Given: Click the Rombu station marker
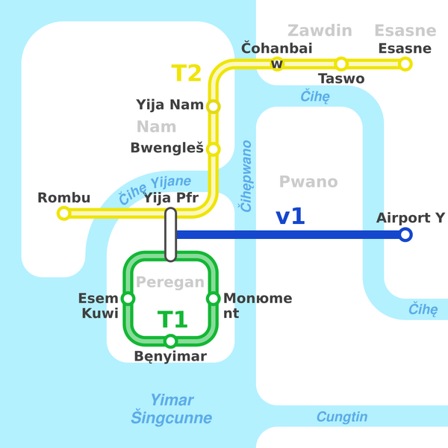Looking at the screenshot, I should [x=64, y=214].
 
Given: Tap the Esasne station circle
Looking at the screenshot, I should [x=405, y=64].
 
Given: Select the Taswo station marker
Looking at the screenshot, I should [x=341, y=64].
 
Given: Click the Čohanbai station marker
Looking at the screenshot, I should [x=277, y=64].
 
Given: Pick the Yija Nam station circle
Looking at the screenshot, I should [x=214, y=107].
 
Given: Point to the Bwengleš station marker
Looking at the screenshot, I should [x=214, y=149].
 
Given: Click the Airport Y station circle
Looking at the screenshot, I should [x=405, y=235].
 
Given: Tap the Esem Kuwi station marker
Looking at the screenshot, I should [x=128, y=299].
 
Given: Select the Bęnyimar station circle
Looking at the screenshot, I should [x=171, y=341].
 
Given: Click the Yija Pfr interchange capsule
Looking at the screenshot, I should [x=171, y=234].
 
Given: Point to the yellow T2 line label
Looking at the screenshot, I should [x=187, y=73].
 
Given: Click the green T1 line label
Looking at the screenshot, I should [x=172, y=320].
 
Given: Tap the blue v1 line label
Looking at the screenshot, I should [x=290, y=217].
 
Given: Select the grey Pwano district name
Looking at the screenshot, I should [x=308, y=182].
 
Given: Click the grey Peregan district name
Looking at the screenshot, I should [x=170, y=282].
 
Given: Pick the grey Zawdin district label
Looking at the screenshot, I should [x=320, y=31].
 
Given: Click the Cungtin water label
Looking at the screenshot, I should [x=342, y=417].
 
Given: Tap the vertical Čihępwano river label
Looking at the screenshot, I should [x=246, y=175].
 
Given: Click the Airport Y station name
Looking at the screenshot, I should [x=410, y=218].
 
